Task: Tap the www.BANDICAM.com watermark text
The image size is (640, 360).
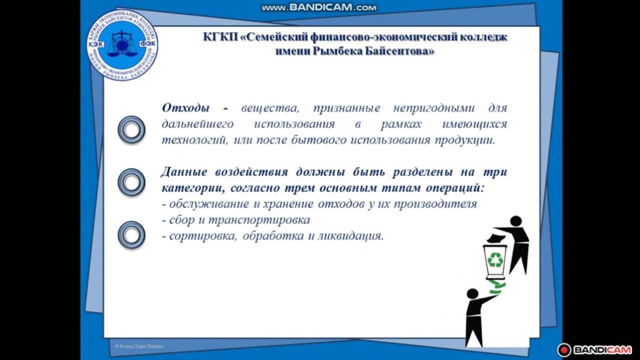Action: [319, 7]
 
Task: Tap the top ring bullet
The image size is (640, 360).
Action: [131, 129]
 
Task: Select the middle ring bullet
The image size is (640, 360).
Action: [131, 181]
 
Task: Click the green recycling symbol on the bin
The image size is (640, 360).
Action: [496, 259]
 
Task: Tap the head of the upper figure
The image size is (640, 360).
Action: [516, 221]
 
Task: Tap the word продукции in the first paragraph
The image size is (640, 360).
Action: [464, 139]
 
